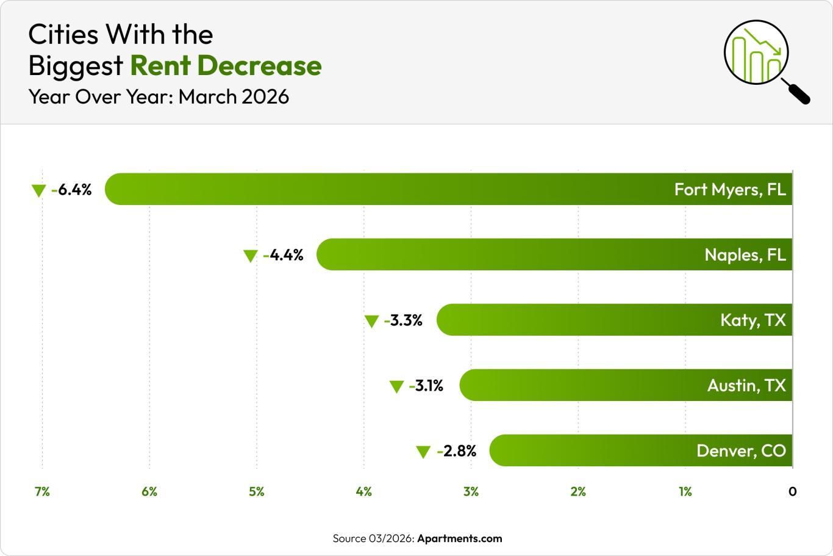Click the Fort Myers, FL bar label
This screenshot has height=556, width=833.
pos(729,190)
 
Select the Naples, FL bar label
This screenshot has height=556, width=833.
pos(745,255)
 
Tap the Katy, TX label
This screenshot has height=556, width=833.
pos(753,320)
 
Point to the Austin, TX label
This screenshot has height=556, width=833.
pos(746,385)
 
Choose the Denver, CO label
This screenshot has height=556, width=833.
pos(741,451)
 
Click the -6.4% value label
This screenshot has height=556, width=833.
pos(72,190)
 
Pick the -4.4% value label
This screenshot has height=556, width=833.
pos(284,255)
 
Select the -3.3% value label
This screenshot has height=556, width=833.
pos(403,320)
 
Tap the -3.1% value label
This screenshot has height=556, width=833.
pos(426,386)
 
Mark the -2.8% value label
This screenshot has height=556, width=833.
pos(457,451)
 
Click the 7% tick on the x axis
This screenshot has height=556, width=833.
pos(42,491)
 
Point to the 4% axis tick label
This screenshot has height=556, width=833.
pos(363,491)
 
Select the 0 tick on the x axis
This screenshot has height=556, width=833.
pos(792,491)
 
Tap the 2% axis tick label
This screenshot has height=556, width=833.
pos(578,491)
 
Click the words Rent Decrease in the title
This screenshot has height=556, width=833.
pos(226,66)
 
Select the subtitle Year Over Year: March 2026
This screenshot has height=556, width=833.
pos(159,96)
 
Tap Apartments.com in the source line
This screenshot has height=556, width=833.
pos(459,538)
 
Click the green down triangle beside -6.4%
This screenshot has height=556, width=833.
pos(38,191)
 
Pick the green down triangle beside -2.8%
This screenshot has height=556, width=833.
pos(423,452)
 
